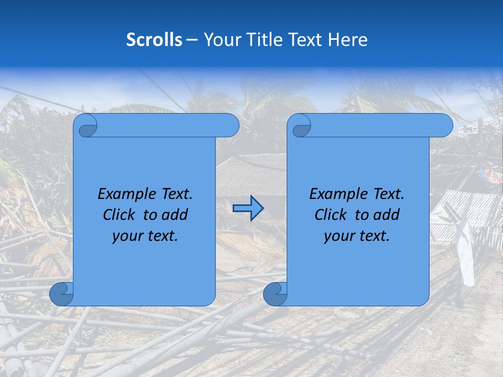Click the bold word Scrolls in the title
(x=154, y=40)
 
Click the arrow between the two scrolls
(x=248, y=208)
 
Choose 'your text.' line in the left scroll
(x=145, y=236)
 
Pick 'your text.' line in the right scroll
(x=357, y=236)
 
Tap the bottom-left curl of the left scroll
(x=61, y=294)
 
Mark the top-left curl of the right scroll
(x=299, y=126)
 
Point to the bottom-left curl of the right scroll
(x=275, y=294)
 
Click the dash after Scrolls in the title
(x=192, y=40)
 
